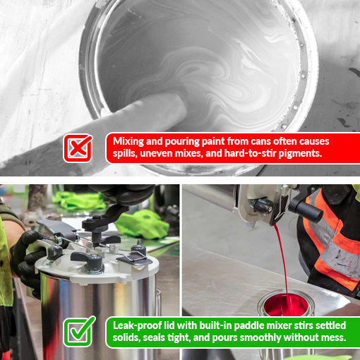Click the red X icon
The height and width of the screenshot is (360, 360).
(x=78, y=148)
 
